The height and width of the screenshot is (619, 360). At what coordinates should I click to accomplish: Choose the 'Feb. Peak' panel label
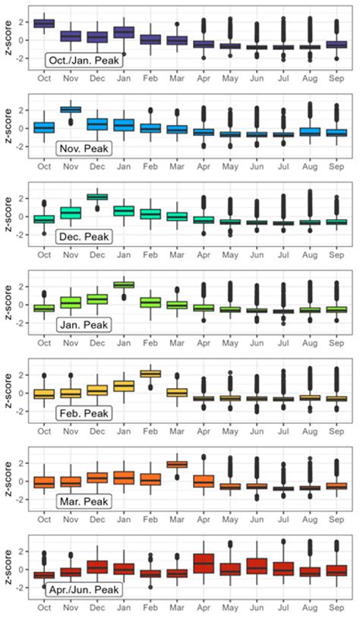tap(84, 413)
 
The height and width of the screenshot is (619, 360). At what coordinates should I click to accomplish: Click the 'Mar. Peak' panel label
tap(84, 501)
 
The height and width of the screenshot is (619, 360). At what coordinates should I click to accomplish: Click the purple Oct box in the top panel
tap(44, 24)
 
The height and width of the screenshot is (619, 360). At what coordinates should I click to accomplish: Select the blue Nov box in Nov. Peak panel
tap(71, 109)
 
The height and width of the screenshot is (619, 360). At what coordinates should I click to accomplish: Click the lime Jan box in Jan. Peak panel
tap(125, 285)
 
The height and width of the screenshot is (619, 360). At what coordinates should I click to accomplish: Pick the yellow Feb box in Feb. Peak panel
tap(151, 373)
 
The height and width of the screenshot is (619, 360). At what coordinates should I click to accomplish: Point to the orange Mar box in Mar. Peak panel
tap(178, 464)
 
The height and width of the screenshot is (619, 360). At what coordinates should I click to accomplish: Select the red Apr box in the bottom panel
tap(204, 563)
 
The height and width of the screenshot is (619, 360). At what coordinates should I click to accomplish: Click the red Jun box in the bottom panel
tap(257, 567)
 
